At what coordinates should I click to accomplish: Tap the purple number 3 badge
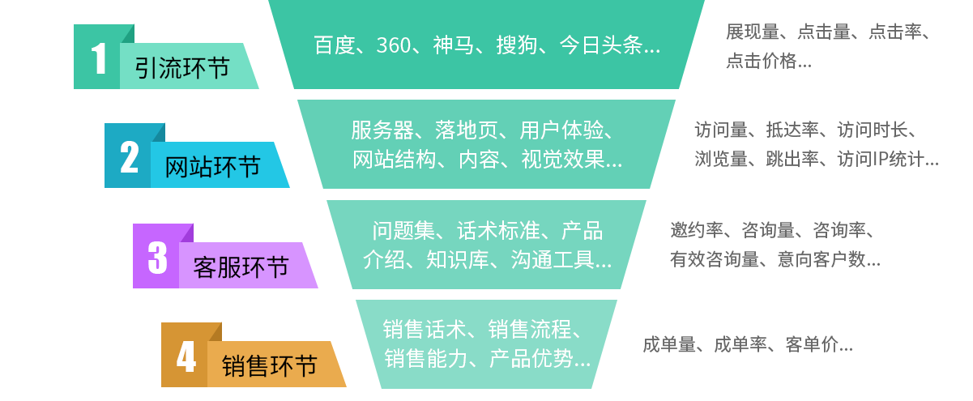point(156,258)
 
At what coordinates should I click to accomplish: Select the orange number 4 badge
point(186,356)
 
